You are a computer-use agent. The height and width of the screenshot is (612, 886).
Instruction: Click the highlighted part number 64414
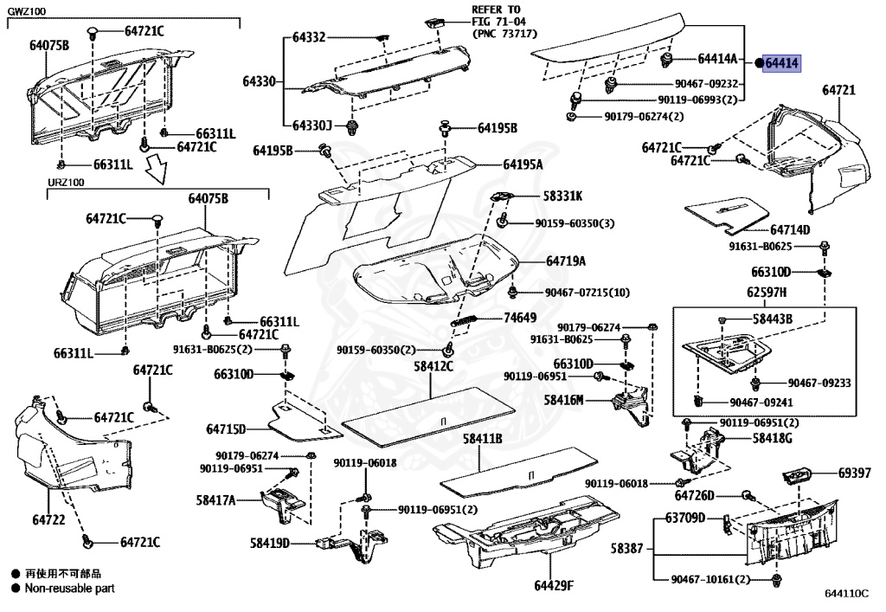coord(782,62)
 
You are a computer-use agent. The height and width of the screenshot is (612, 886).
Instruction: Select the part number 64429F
coord(554,586)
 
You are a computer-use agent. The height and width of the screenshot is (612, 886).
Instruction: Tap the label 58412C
coord(433,367)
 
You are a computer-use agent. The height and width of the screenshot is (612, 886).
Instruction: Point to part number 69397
coord(856,473)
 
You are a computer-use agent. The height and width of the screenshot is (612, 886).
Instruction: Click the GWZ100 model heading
coord(29,10)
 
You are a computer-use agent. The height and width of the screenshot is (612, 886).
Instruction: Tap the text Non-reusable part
coord(68,588)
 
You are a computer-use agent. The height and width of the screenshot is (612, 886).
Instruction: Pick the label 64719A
coord(565,261)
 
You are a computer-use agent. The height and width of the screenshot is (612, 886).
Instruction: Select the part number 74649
coord(520,318)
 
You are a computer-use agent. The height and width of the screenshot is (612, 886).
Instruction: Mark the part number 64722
coord(50,519)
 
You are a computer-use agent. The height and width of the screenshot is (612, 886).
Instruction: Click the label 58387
coord(627,548)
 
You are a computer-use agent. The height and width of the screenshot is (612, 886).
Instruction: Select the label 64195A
coord(523,164)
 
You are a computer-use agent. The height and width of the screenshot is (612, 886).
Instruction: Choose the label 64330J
coord(311,126)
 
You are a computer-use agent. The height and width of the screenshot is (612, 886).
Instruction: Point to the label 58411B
coord(482,439)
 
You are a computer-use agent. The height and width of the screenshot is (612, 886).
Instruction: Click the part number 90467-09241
coord(761,402)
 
